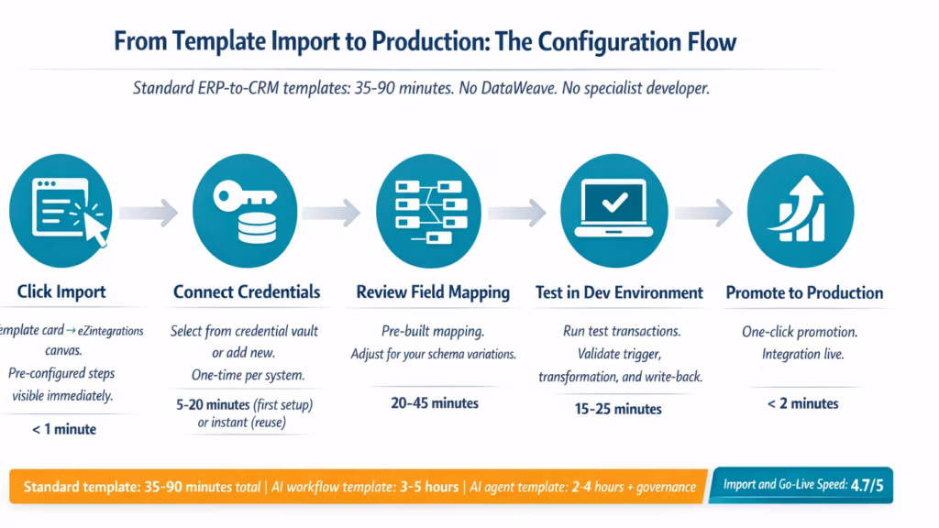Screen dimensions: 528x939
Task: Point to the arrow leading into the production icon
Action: pyautogui.click(x=703, y=212)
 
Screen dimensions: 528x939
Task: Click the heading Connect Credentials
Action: pyautogui.click(x=247, y=292)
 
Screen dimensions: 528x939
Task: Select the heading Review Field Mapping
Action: pyautogui.click(x=433, y=292)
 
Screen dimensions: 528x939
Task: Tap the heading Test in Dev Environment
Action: pyautogui.click(x=619, y=293)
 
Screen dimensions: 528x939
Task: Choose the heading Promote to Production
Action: pyautogui.click(x=804, y=293)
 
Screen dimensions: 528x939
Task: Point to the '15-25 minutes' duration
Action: pyautogui.click(x=618, y=409)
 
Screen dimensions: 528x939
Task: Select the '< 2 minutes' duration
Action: pyautogui.click(x=804, y=402)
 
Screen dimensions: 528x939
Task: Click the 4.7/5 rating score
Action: pyautogui.click(x=866, y=485)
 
